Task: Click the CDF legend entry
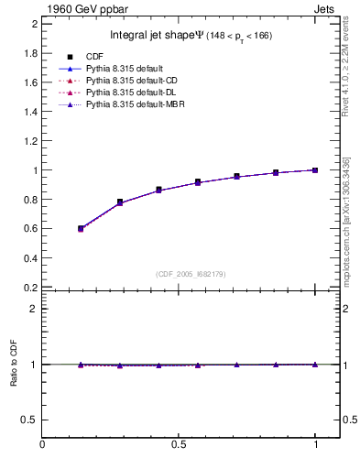pos(95,57)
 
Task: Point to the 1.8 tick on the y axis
pos(31,53)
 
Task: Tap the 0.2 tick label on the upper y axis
pos(31,287)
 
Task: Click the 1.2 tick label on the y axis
pos(31,141)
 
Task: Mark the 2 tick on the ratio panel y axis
pos(34,309)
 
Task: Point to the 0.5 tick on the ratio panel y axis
pos(31,420)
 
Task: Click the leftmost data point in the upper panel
pos(82,228)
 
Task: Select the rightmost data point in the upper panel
pos(315,169)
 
